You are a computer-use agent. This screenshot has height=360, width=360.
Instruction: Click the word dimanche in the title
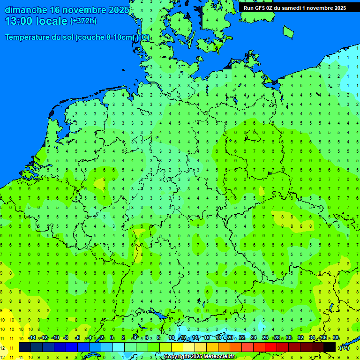pyautogui.click(x=26, y=10)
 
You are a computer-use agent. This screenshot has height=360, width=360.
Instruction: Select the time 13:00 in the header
pyautogui.click(x=19, y=21)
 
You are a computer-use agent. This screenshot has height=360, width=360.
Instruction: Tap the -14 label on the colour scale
pyautogui.click(x=32, y=338)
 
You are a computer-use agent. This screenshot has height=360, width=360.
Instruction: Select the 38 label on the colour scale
pyautogui.click(x=336, y=338)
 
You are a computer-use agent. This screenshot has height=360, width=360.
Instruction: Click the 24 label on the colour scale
pyautogui.click(x=254, y=338)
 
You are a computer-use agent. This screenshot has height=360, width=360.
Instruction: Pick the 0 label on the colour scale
pyautogui.click(x=112, y=338)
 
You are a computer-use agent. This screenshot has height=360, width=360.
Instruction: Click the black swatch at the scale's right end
pyautogui.click(x=330, y=347)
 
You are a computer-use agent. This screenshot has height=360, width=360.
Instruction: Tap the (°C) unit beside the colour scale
pyautogui.click(x=344, y=347)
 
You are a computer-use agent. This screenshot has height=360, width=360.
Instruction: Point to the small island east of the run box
pyautogui.click(x=288, y=31)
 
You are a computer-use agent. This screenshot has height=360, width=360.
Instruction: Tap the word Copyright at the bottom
pyautogui.click(x=179, y=357)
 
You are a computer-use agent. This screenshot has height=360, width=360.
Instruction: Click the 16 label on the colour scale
pyautogui.click(x=206, y=338)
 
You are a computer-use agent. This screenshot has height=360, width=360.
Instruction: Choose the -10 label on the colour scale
pyautogui.click(x=55, y=338)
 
